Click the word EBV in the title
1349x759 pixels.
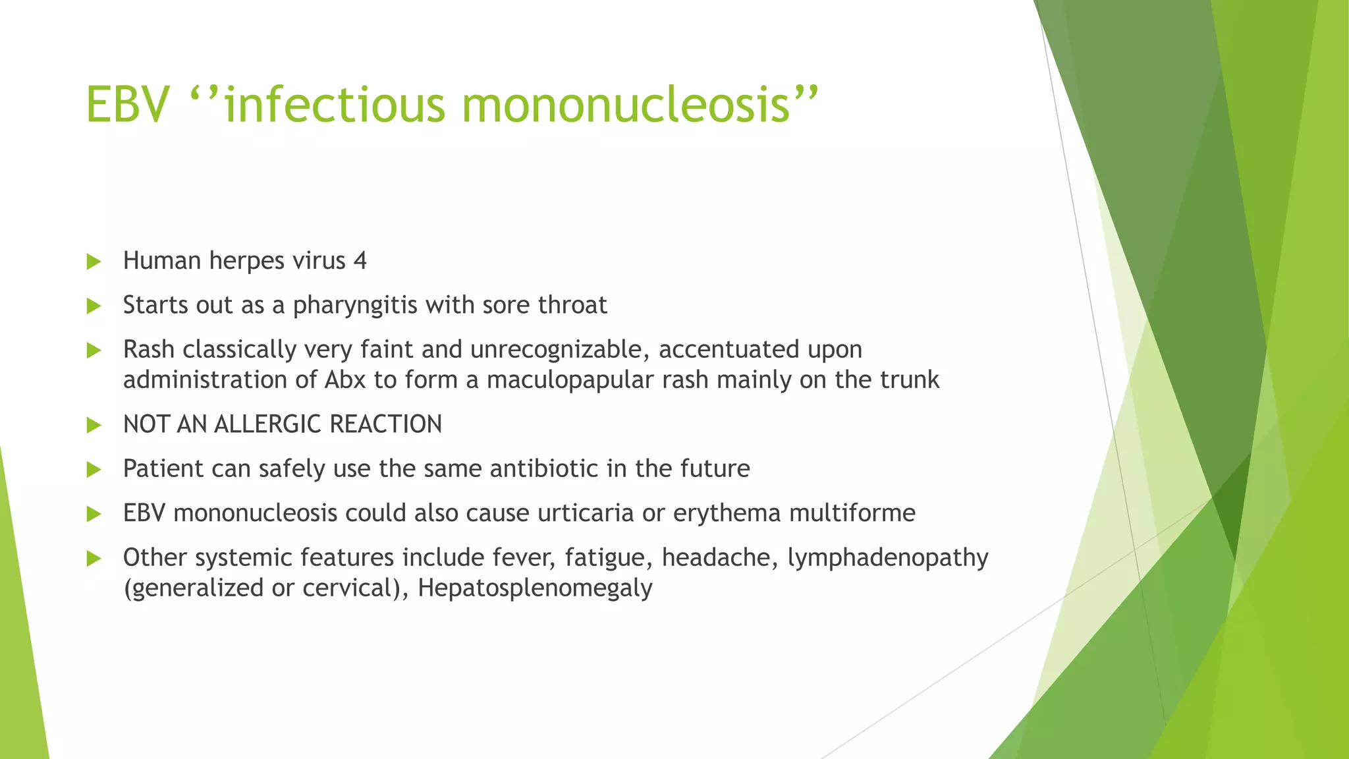click(x=127, y=105)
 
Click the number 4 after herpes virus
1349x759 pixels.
click(x=360, y=261)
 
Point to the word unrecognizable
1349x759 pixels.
click(x=555, y=349)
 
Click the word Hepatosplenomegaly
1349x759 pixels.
click(x=535, y=588)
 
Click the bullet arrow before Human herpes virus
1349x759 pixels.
click(x=94, y=262)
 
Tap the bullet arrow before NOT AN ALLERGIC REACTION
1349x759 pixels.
click(x=94, y=425)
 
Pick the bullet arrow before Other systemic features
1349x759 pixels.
click(x=94, y=559)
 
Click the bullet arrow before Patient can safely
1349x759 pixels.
click(x=94, y=469)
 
